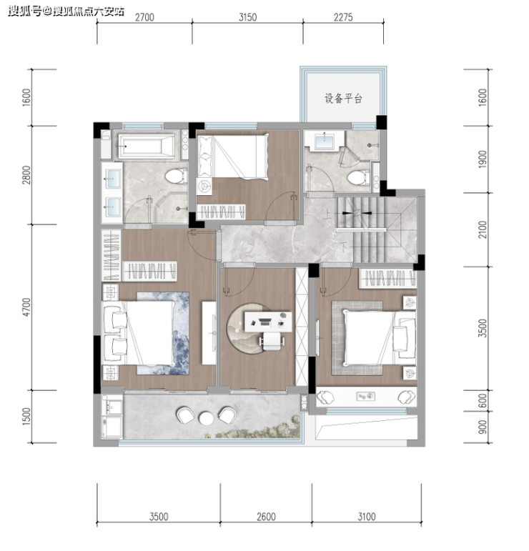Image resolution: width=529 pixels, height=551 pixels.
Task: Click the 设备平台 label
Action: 342,98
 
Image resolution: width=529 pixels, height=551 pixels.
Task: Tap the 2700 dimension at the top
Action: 144,17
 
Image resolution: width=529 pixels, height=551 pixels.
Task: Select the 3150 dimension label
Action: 247,17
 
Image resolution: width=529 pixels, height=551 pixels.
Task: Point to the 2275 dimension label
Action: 343,17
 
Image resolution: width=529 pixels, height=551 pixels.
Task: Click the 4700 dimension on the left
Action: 26,307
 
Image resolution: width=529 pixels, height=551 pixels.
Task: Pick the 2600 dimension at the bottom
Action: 266,517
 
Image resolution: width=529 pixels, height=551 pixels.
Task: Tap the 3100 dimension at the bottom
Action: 367,517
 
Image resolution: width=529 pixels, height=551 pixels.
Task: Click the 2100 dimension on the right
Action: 483,229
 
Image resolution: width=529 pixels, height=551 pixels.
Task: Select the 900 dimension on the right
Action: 483,427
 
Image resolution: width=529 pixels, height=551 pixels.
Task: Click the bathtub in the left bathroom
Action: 146,146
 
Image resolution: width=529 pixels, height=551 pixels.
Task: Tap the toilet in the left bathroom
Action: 176,176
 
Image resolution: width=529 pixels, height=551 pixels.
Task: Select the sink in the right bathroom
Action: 324,142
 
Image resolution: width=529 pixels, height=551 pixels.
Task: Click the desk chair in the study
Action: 272,341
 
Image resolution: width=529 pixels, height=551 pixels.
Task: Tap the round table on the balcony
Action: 207,418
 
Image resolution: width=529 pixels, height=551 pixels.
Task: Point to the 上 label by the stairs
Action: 327,214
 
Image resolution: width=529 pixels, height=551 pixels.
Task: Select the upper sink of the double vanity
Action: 112,179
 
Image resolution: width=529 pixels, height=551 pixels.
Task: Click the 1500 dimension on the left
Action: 26,417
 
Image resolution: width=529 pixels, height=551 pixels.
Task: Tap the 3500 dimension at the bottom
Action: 159,517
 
